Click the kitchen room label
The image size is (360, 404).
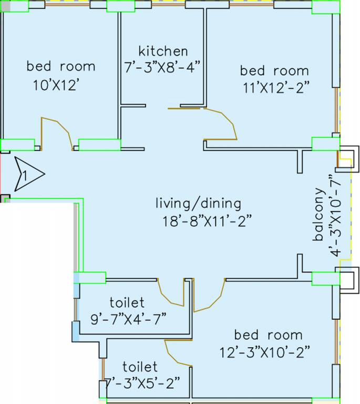click(163, 51)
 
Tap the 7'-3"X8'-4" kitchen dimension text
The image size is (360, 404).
click(163, 68)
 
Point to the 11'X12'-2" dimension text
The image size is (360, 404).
click(275, 87)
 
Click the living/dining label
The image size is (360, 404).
click(199, 203)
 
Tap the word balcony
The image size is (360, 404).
click(318, 214)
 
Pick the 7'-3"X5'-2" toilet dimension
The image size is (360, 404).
click(142, 382)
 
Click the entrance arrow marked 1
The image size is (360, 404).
click(28, 173)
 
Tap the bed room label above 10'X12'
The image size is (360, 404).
click(61, 67)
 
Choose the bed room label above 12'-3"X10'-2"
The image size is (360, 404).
click(268, 335)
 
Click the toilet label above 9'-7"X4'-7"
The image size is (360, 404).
click(127, 303)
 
